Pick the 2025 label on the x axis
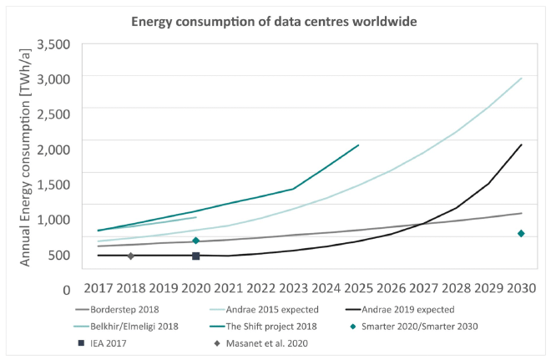[x=358, y=290]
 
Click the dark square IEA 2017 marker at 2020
[x=195, y=256]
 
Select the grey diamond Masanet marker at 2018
[x=130, y=256]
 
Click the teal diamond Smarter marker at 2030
[x=521, y=233]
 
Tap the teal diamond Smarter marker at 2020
[x=195, y=241]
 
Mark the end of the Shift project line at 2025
[x=358, y=145]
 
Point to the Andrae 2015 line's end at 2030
[x=522, y=78]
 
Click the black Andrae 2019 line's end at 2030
[x=522, y=145]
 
